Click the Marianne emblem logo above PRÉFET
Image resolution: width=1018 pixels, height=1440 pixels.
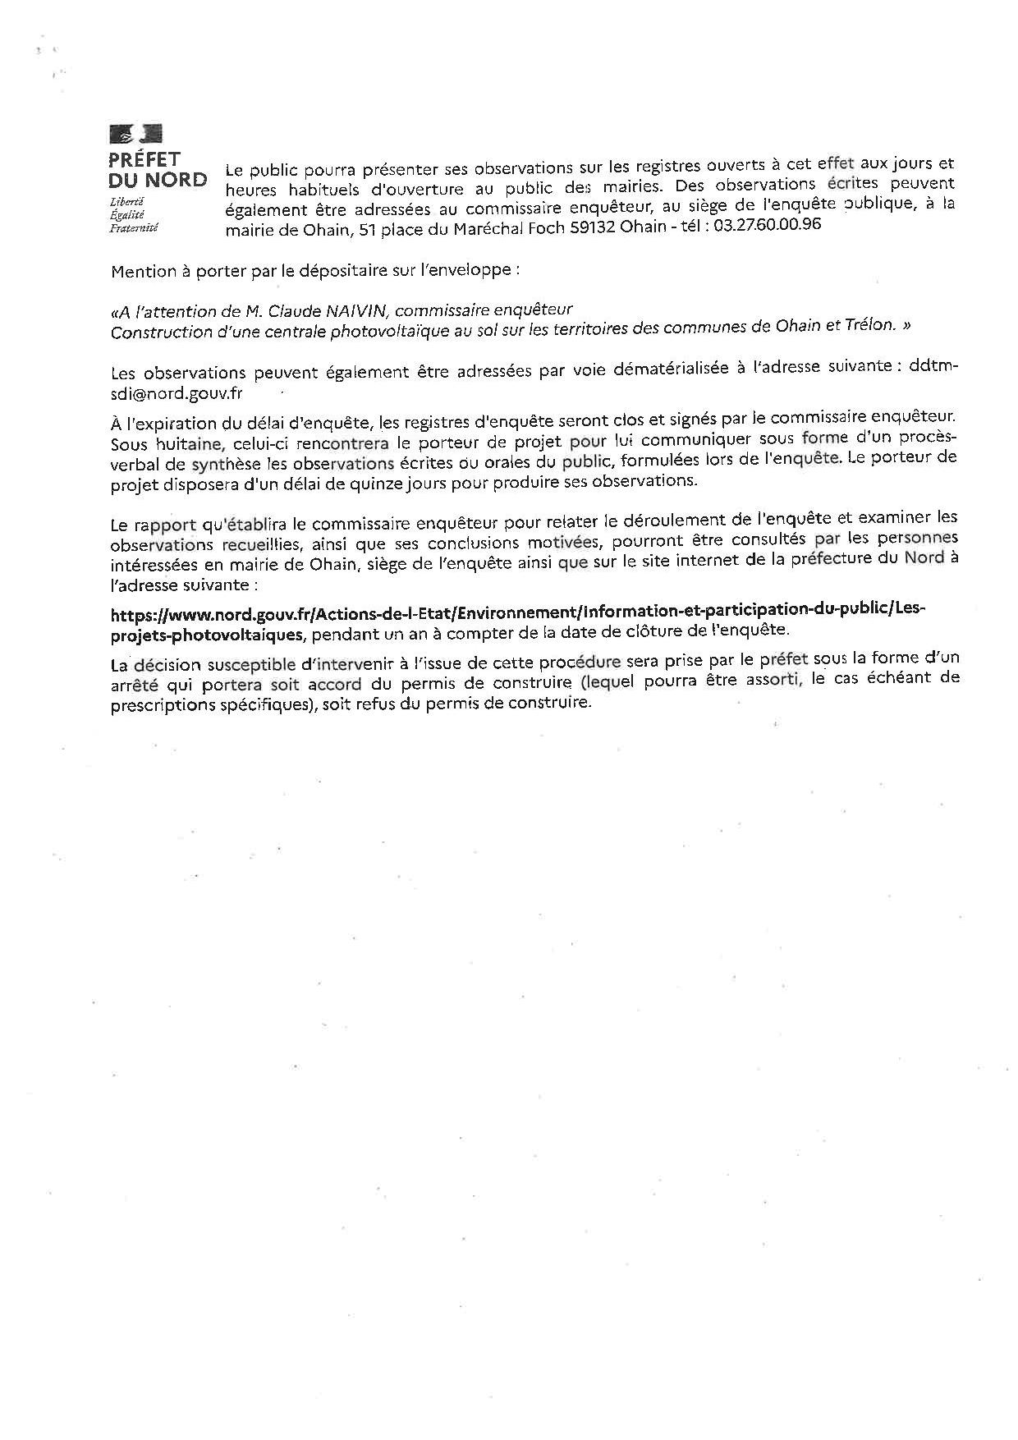(136, 134)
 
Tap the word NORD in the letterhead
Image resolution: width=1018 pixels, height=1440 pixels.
(178, 180)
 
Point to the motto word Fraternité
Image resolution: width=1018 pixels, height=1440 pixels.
(133, 227)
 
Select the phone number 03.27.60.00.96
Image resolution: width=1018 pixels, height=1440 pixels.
(768, 227)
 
